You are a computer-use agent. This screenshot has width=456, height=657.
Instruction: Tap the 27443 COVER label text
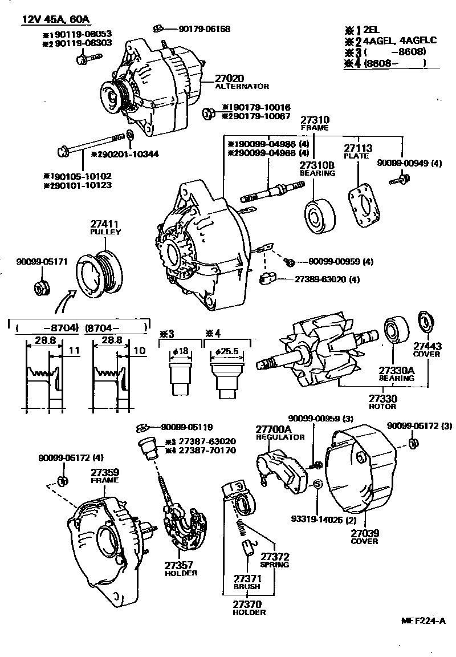[x=427, y=350]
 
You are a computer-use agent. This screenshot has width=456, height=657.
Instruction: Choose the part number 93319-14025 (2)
[x=316, y=519]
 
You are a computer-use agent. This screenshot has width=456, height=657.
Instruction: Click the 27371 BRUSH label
[x=246, y=582]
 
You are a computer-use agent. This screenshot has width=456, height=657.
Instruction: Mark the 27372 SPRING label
[x=275, y=560]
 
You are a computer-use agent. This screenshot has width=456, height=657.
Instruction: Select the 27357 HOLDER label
[x=181, y=568]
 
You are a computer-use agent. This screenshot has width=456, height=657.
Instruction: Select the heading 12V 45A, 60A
[x=56, y=19]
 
